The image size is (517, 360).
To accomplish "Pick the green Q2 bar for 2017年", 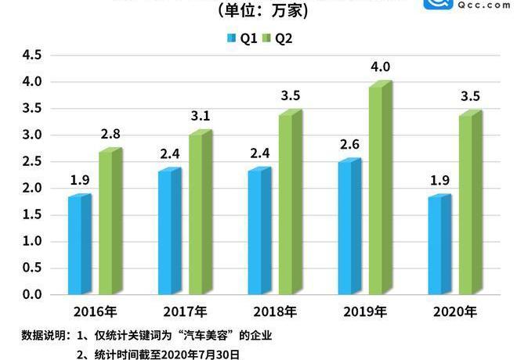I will click(200, 214).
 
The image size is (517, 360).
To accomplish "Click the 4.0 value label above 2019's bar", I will click(381, 67).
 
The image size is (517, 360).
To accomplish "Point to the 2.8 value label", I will click(110, 135).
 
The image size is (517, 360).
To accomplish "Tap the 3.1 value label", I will click(201, 117).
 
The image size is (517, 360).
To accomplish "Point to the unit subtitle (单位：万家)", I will click(259, 12).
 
